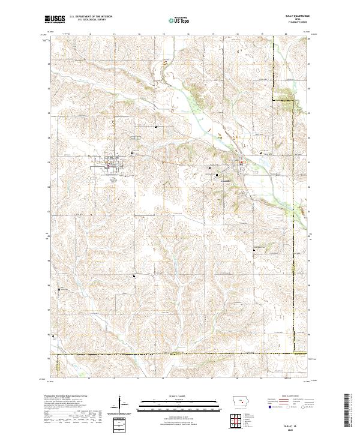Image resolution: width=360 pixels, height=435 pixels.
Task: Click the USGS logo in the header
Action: point(55,19)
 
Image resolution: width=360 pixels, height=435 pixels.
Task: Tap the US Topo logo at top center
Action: point(179,20)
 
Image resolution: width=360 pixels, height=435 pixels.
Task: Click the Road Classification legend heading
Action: point(290,397)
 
